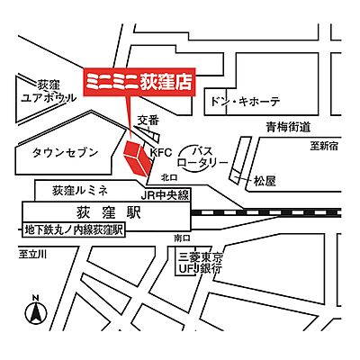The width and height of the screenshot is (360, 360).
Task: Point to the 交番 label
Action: [x=148, y=120]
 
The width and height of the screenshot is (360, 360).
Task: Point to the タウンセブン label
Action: [x=65, y=153]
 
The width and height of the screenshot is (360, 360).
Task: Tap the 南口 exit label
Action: [x=183, y=238]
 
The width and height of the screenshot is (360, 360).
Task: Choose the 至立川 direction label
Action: [x=33, y=256]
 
